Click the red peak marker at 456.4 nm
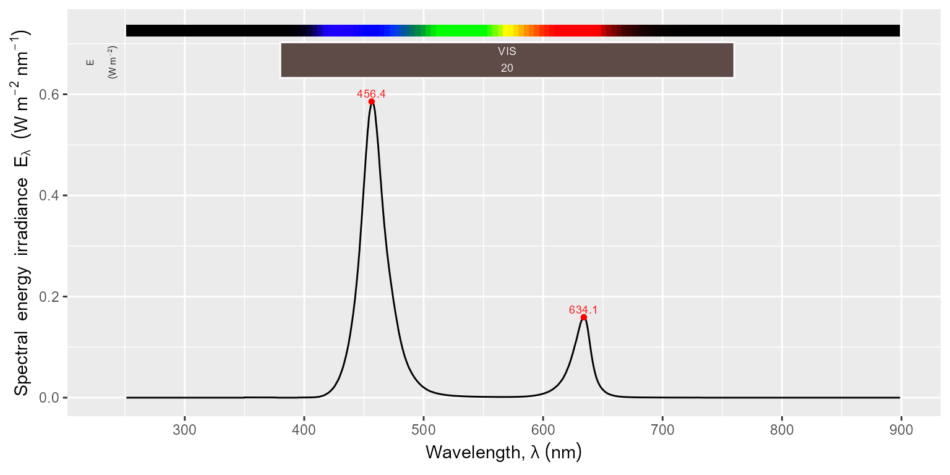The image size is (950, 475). [371, 101]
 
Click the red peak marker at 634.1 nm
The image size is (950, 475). [583, 317]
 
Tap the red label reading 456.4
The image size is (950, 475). [371, 94]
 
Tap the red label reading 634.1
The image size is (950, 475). [583, 310]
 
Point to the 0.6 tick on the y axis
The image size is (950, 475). [50, 95]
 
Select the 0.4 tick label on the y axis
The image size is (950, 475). [50, 195]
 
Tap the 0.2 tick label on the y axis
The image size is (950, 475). [50, 297]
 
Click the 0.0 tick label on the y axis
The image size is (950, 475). [50, 398]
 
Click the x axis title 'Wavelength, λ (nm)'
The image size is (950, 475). [503, 453]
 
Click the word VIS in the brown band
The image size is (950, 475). [507, 52]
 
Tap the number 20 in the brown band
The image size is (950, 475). [507, 68]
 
